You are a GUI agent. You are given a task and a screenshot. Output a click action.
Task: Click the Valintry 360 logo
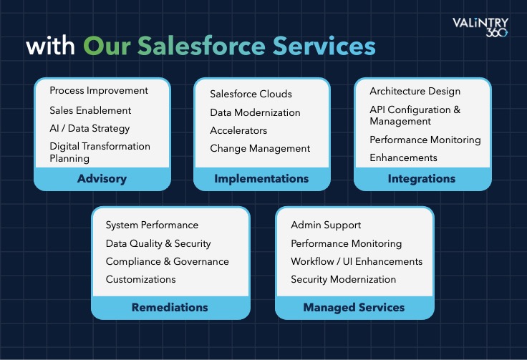tap(480, 27)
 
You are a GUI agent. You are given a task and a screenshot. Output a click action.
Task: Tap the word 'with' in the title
tap(50, 46)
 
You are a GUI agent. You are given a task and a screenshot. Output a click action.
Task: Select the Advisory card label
tap(102, 179)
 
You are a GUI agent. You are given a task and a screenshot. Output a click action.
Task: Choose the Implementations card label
tap(261, 179)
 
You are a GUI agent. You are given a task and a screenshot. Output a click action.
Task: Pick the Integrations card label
tap(422, 179)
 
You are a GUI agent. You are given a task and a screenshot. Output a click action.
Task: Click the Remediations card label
tap(170, 307)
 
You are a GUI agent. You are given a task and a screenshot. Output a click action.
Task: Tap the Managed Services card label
tap(354, 308)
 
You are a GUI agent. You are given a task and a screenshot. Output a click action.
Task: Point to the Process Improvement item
tap(99, 91)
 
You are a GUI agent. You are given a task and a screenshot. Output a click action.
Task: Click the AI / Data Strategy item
tap(90, 129)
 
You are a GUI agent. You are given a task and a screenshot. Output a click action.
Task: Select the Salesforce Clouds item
tap(251, 94)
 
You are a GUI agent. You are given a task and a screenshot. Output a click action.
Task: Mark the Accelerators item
tap(238, 130)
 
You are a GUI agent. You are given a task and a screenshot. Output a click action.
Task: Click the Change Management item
tap(260, 148)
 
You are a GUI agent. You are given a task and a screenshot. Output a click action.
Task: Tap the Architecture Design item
tap(415, 92)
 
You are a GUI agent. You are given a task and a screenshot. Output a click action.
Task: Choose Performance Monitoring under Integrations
tap(425, 140)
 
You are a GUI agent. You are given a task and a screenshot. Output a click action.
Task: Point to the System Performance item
tap(152, 225)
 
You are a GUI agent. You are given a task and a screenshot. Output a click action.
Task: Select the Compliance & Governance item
tap(168, 262)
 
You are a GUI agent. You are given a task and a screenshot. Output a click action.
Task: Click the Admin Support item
tap(326, 225)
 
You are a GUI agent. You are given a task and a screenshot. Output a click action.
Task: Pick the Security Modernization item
tap(344, 279)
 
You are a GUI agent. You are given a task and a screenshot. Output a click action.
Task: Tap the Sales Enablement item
tap(90, 110)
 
